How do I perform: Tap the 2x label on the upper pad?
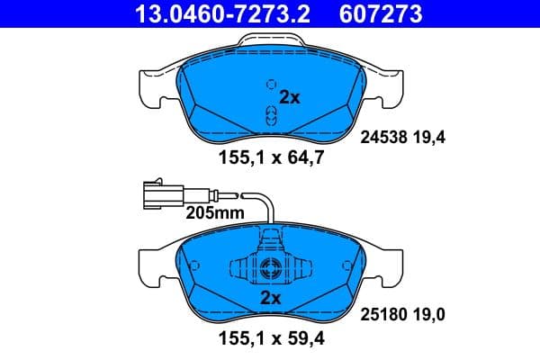(289, 98)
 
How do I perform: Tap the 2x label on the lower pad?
(271, 298)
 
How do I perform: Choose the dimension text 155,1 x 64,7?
(271, 160)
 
